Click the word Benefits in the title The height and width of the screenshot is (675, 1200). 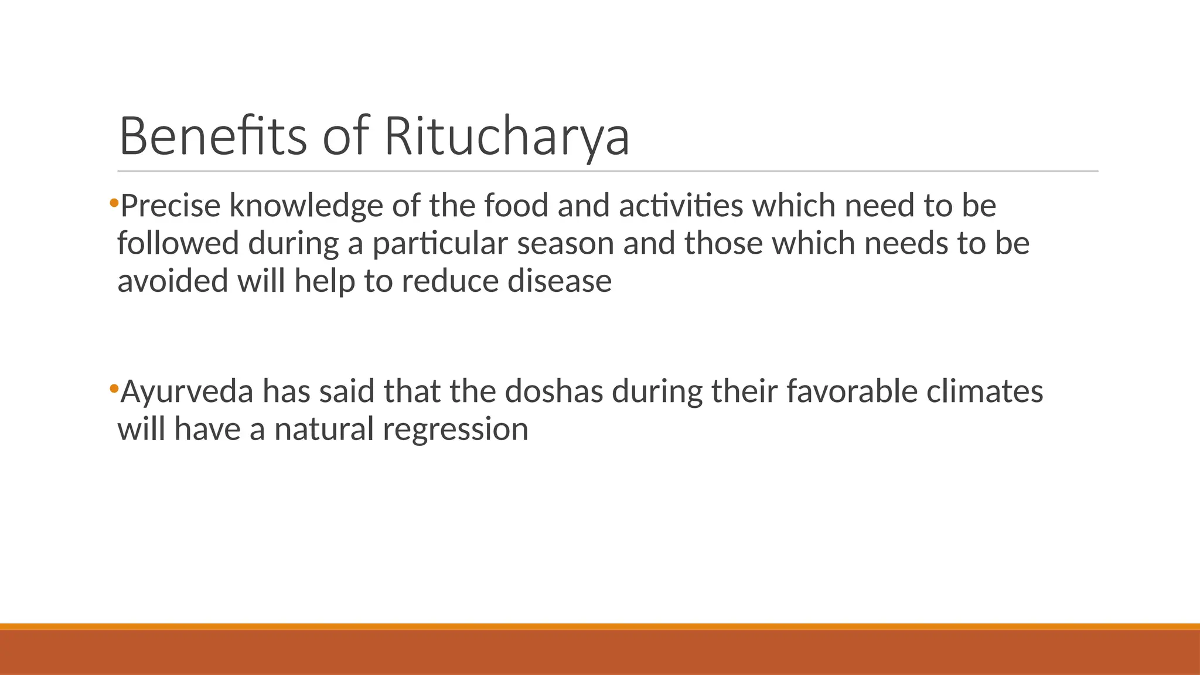[x=213, y=136]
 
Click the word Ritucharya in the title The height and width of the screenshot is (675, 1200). [x=506, y=136]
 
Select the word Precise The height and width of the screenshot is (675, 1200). [x=171, y=206]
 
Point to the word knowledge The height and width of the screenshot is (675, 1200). [x=306, y=206]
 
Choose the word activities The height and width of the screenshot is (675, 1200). [x=681, y=206]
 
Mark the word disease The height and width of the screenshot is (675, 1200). [x=559, y=281]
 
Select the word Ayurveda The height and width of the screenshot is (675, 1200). [x=186, y=391]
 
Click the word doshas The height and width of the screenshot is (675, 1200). [x=554, y=391]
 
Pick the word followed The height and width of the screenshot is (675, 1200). [x=178, y=243]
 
